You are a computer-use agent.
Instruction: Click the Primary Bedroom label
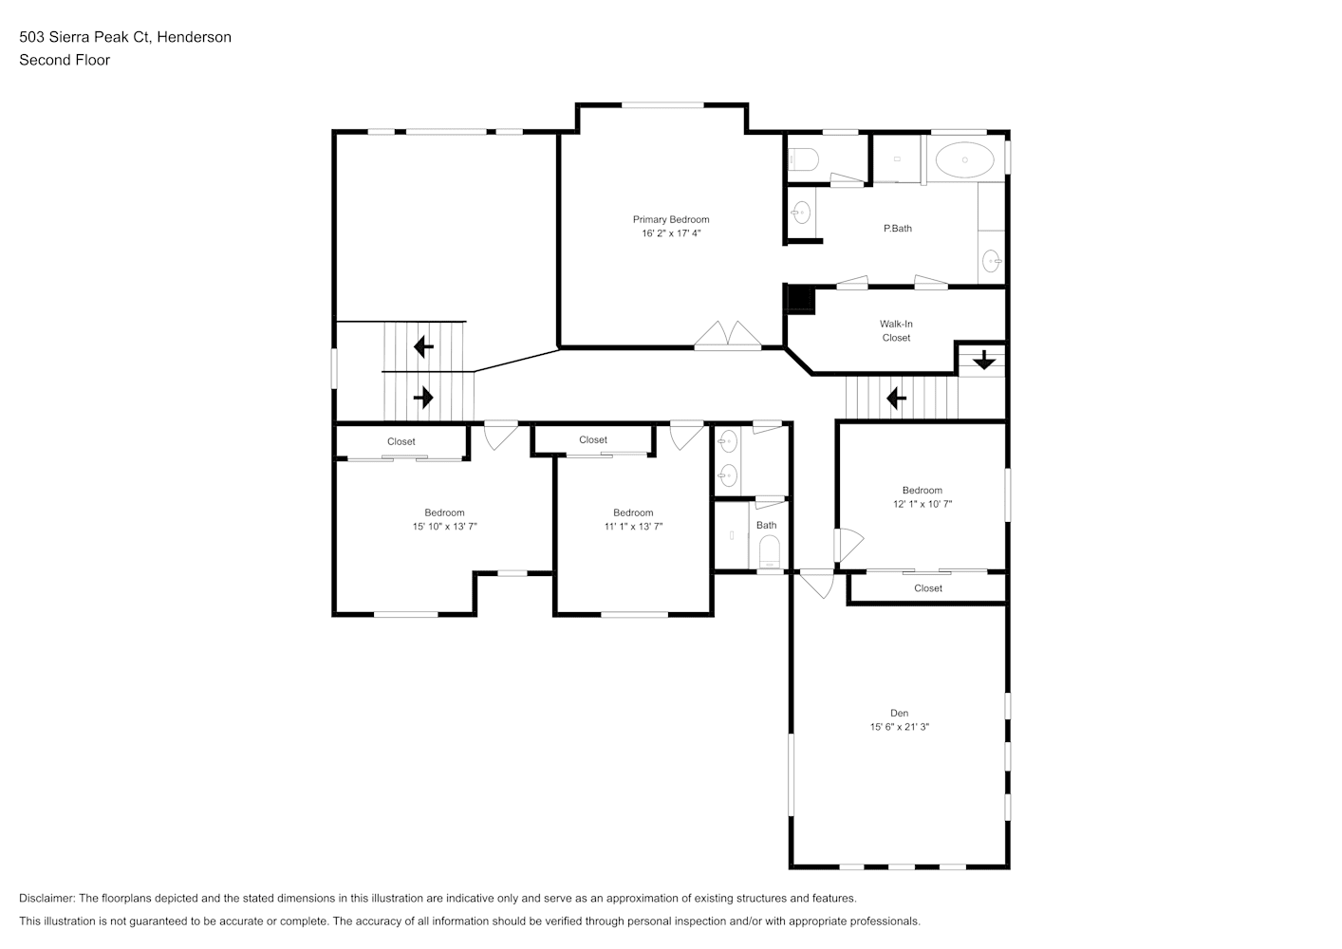(671, 219)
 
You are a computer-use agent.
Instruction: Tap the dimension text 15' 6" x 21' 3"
(900, 727)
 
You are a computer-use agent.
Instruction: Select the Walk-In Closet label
(896, 330)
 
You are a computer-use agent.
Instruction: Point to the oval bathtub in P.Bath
(964, 159)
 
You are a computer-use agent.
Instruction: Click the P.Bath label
(898, 229)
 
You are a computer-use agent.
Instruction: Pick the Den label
(900, 713)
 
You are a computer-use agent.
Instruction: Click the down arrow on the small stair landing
(984, 360)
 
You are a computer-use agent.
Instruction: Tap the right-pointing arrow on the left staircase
(423, 398)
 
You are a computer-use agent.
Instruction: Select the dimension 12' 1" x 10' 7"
(923, 504)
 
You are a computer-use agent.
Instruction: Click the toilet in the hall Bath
(770, 551)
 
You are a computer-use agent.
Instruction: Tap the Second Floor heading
(65, 60)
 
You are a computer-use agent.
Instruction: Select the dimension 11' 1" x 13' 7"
(633, 526)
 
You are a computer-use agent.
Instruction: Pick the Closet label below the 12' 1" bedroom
(928, 588)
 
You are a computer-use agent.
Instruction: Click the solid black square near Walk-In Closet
(800, 298)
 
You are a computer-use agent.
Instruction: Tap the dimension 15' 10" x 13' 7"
(444, 526)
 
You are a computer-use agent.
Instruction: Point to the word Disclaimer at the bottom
(47, 898)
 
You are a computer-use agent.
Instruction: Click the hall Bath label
(766, 525)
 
